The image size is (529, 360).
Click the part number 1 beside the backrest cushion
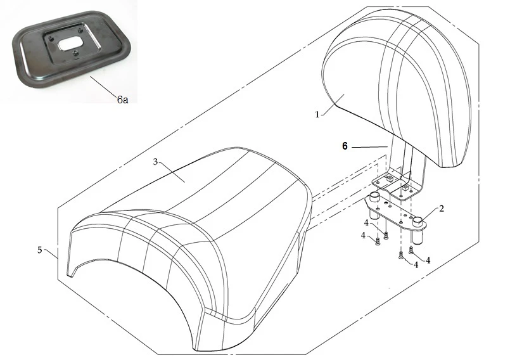317,115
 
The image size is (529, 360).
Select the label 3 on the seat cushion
155,162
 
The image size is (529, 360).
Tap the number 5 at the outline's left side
40,250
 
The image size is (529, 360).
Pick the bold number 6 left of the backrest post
345,146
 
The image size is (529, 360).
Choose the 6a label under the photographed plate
122,100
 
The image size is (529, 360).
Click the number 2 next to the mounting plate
442,209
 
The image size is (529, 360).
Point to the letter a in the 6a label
125,100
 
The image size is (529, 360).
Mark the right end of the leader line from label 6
386,147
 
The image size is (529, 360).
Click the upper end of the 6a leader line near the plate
90,76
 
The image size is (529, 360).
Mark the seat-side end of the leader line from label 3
185,182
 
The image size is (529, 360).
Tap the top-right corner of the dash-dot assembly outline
478,43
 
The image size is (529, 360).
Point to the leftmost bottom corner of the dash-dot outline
58,280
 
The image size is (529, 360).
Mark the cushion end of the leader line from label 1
344,95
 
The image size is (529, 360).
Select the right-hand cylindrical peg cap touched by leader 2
418,221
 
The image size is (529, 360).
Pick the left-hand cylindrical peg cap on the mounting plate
374,196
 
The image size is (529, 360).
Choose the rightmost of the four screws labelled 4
411,250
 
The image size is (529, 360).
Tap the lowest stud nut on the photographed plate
76,53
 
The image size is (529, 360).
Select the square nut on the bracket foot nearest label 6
390,178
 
